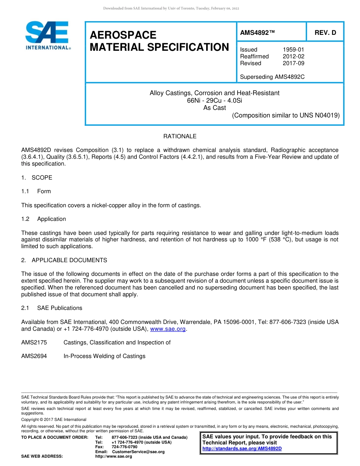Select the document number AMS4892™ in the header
(257, 33)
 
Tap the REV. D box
(325, 33)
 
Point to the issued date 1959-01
(293, 50)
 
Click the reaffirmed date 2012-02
(293, 56)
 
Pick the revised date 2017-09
(293, 63)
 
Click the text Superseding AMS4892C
(272, 77)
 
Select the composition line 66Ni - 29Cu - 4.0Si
(214, 100)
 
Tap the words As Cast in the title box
(214, 108)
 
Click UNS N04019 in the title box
(322, 115)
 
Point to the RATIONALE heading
(180, 136)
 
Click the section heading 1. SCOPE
(37, 178)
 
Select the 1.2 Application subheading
(44, 219)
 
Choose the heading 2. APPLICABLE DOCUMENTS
(64, 260)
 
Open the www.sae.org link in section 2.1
(168, 329)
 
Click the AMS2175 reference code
(34, 342)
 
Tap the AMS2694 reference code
(34, 356)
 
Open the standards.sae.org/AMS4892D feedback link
(242, 449)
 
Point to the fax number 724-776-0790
(124, 447)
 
